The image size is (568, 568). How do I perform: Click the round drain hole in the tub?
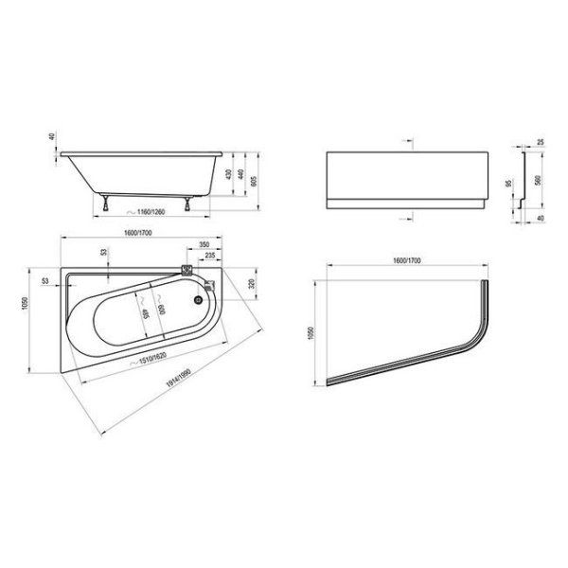pyautogui.click(x=199, y=301)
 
